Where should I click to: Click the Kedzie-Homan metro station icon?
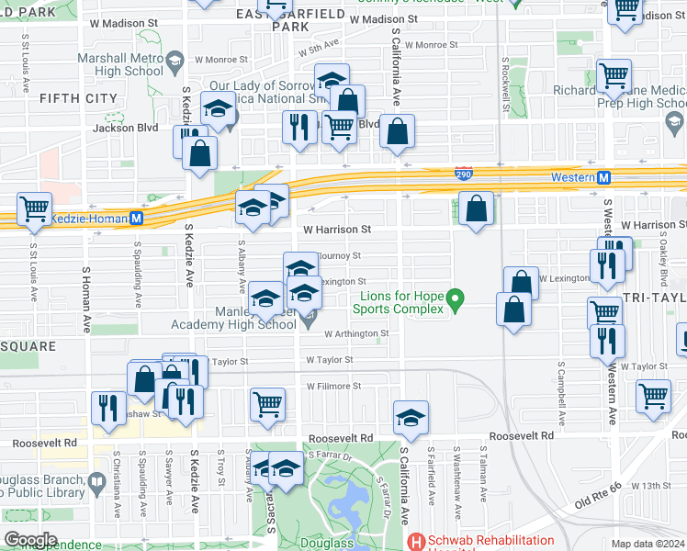click(136, 219)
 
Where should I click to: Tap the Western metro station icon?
click(604, 177)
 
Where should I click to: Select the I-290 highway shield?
click(465, 173)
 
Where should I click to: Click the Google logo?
click(31, 539)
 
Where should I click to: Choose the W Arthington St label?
click(356, 334)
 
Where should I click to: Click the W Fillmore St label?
click(333, 387)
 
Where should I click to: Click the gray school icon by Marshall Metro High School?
click(173, 64)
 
